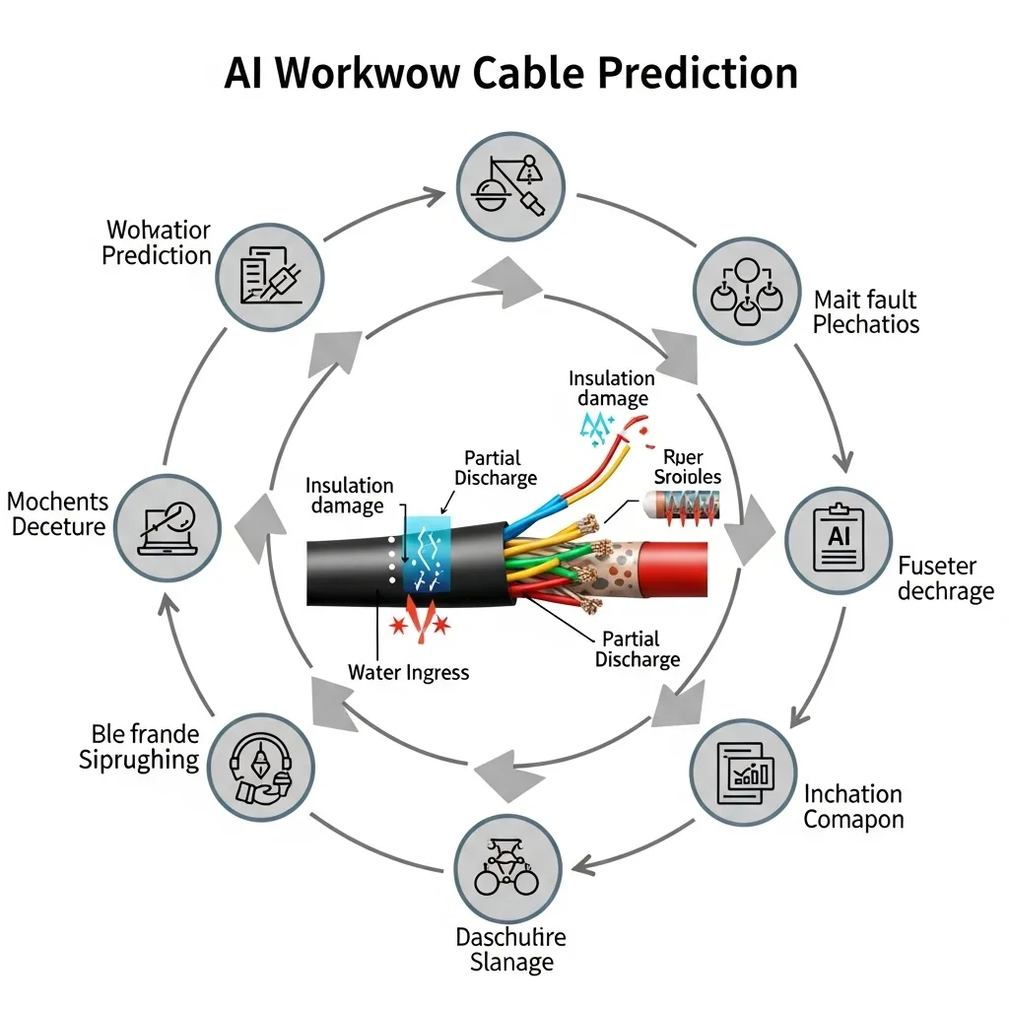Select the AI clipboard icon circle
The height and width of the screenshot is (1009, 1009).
(x=839, y=540)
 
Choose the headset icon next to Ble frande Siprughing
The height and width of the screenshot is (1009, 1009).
(x=261, y=767)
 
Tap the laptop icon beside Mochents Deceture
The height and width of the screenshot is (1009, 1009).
(x=168, y=526)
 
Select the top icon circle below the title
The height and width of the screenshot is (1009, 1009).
(x=510, y=182)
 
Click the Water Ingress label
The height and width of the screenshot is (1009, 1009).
(x=409, y=673)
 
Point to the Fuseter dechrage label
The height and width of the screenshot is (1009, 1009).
(x=945, y=578)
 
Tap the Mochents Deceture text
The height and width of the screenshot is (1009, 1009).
(x=56, y=513)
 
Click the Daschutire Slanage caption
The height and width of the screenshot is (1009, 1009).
(x=510, y=948)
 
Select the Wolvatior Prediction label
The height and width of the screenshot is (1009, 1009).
(x=158, y=243)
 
